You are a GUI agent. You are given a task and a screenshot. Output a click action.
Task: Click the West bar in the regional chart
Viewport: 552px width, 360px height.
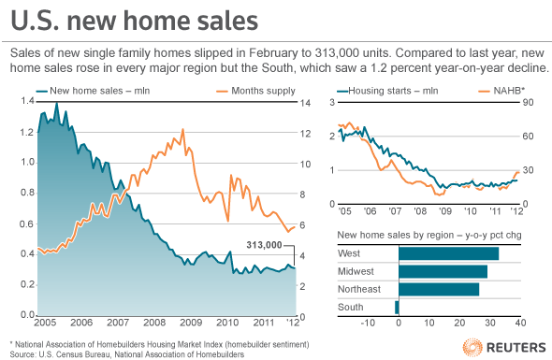pyautogui.click(x=448, y=253)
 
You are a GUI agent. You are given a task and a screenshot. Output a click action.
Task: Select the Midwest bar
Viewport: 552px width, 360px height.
pyautogui.click(x=443, y=271)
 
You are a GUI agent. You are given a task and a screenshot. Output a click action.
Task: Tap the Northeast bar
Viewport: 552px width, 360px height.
pyautogui.click(x=439, y=289)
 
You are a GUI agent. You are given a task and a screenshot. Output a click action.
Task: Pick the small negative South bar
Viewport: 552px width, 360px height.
pyautogui.click(x=397, y=308)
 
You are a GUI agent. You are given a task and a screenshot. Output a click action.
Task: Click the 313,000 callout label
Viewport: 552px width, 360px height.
pyautogui.click(x=264, y=245)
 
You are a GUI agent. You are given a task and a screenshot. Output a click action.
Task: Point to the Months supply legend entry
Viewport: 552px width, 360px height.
pyautogui.click(x=256, y=91)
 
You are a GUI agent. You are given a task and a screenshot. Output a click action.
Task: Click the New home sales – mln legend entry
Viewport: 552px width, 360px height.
pyautogui.click(x=93, y=91)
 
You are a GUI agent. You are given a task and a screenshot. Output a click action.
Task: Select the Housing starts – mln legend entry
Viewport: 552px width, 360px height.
pyautogui.click(x=387, y=91)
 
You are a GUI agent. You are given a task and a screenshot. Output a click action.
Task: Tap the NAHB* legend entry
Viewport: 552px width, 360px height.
pyautogui.click(x=501, y=91)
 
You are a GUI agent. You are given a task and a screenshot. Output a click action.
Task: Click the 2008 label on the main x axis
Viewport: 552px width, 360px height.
pyautogui.click(x=154, y=323)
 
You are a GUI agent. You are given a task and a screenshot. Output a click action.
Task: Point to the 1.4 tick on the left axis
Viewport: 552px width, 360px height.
pyautogui.click(x=27, y=101)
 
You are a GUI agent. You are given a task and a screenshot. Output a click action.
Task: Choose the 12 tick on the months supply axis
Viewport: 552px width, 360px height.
pyautogui.click(x=305, y=134)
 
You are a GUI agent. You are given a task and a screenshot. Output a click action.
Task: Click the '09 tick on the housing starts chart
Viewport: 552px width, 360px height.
pyautogui.click(x=445, y=211)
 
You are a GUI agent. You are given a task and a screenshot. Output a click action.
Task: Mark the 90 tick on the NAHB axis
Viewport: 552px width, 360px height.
pyautogui.click(x=528, y=103)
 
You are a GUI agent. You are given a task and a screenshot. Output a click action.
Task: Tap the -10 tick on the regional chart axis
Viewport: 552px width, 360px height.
pyautogui.click(x=368, y=323)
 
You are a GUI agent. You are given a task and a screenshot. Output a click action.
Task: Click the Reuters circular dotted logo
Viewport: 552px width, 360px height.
pyautogui.click(x=472, y=347)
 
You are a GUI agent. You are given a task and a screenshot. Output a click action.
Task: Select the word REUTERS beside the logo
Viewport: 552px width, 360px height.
pyautogui.click(x=516, y=348)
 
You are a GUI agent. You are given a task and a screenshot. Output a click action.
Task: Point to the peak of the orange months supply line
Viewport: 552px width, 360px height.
pyautogui.click(x=183, y=129)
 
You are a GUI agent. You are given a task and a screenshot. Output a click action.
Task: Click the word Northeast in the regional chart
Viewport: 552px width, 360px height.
pyautogui.click(x=359, y=289)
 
